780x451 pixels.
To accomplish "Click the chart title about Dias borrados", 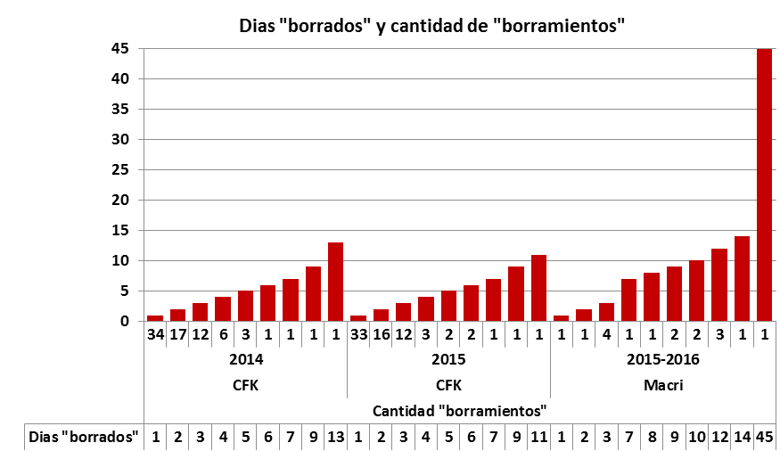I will pos(431,25).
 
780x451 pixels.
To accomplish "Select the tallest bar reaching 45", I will pos(764,184).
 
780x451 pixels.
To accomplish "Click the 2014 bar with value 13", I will pos(335,282).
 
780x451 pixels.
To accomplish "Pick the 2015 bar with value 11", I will pos(538,288).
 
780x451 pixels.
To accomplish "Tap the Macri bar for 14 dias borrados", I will pos(742,278).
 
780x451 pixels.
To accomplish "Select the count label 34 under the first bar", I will pos(155,335).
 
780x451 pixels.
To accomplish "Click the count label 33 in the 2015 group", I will pos(358,335).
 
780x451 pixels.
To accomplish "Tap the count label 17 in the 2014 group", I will pos(177,335).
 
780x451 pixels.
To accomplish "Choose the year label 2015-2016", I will pos(662,360).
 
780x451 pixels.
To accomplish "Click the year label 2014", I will pos(245,360).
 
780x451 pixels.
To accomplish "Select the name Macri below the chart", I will pos(662,385).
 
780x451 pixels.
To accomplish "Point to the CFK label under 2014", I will pos(245,385).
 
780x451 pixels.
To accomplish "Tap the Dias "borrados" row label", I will pos(85,437).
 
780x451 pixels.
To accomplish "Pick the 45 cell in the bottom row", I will pos(764,437).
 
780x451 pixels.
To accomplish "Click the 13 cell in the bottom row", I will pos(335,437).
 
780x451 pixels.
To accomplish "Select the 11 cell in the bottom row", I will pos(538,437).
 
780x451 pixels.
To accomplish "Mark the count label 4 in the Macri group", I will pos(606,335).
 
